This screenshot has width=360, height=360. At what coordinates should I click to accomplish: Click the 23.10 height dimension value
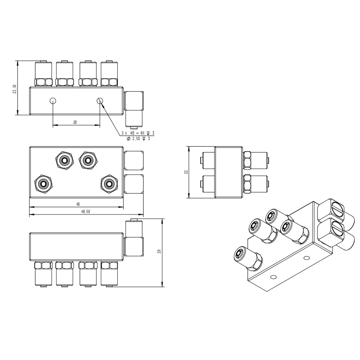click(15, 89)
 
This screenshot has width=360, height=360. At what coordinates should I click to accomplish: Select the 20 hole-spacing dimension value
click(75, 122)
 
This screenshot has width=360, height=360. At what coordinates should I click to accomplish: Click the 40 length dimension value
click(78, 204)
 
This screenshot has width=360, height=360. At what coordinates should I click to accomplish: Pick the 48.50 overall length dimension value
click(85, 212)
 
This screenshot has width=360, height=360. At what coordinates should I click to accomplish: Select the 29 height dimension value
click(159, 251)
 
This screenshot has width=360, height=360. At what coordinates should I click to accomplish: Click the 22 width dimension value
click(186, 172)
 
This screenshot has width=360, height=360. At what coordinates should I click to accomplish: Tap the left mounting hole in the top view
click(53, 100)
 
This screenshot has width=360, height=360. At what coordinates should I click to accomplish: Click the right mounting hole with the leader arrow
click(100, 100)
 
